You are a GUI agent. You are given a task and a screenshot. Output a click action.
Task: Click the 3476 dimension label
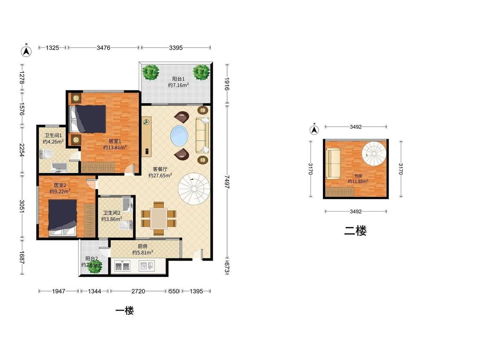(104, 48)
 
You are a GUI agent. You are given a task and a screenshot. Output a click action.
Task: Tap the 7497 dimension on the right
(227, 182)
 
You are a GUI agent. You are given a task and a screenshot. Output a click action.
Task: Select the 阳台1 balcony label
(178, 79)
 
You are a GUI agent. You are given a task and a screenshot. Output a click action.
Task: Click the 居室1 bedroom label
(115, 141)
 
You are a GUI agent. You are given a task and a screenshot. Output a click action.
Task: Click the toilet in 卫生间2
(126, 226)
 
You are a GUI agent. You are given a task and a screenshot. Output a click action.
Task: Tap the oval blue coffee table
(179, 136)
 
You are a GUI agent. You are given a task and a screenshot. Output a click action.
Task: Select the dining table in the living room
(159, 218)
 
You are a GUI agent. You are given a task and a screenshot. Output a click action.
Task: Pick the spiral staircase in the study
(374, 154)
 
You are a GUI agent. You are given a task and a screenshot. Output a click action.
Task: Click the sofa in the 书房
(333, 163)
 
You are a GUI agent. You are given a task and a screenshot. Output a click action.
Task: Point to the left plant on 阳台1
(151, 72)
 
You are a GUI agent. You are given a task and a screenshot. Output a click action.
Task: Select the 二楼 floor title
(355, 231)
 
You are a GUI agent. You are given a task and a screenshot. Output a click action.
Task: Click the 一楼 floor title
(125, 311)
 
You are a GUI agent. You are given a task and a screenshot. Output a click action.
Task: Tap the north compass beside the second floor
(314, 130)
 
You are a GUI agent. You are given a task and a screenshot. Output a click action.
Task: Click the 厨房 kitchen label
(143, 246)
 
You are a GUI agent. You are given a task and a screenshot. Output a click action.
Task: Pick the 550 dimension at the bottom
(174, 291)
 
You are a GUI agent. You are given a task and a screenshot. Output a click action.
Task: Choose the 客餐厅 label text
(160, 169)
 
